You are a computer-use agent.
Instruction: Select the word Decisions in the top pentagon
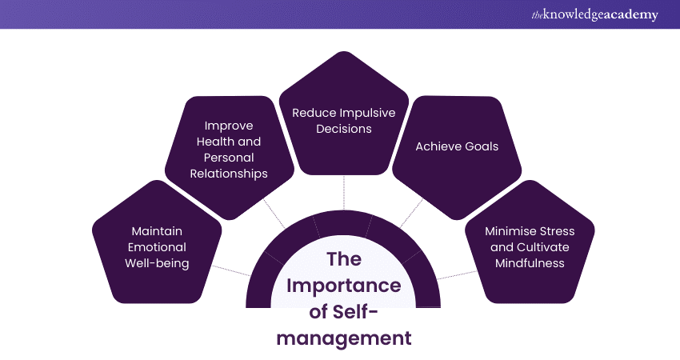click(x=344, y=129)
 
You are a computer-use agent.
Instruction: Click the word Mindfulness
click(x=530, y=263)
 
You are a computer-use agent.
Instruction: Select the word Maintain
click(x=150, y=231)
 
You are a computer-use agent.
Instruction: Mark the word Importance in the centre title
click(x=344, y=286)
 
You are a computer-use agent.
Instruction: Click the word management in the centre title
click(x=344, y=338)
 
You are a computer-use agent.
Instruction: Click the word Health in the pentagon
click(x=215, y=142)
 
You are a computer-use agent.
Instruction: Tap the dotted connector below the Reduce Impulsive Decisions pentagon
click(x=344, y=192)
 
